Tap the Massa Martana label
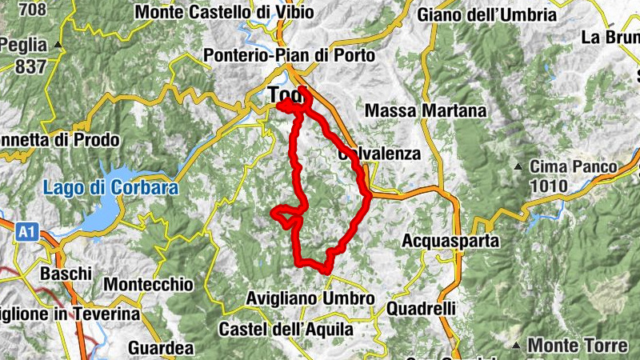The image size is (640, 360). pyautogui.click(x=424, y=110)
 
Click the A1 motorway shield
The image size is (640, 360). pyautogui.click(x=26, y=232)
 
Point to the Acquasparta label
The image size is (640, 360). pyautogui.click(x=450, y=240)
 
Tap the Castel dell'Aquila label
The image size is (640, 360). pyautogui.click(x=286, y=329)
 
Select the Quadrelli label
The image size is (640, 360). pyautogui.click(x=421, y=308)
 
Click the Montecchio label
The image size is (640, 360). pyautogui.click(x=149, y=285)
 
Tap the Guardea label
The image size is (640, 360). pyautogui.click(x=161, y=349)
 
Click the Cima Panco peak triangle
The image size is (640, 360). pyautogui.click(x=518, y=167)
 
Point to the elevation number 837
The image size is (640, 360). pyautogui.click(x=30, y=66)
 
